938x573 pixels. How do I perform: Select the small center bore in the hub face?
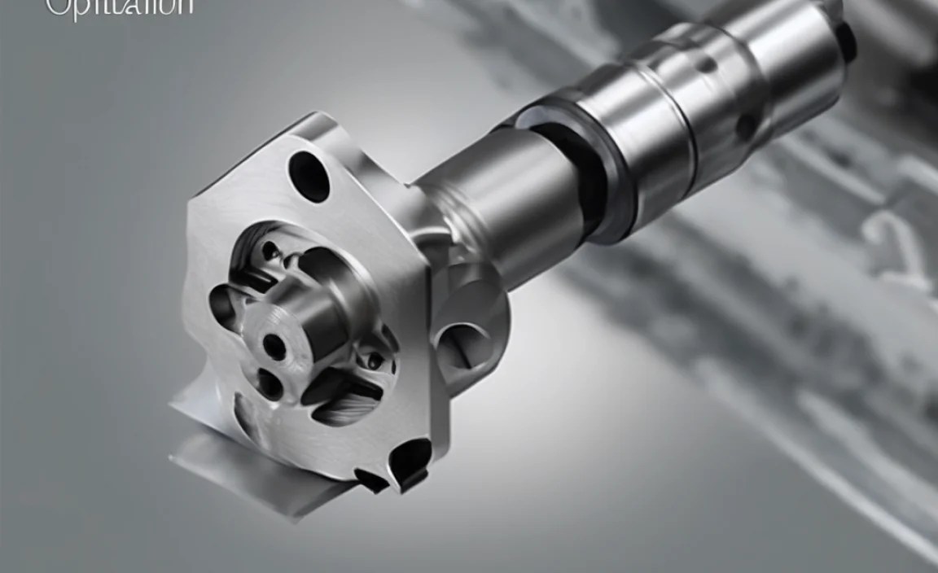pos(274,348)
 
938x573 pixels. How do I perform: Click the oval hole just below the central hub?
pos(270,383)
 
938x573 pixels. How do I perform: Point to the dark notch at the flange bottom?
pos(407,461)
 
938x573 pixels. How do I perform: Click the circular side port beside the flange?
pos(464,341)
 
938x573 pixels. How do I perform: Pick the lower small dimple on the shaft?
pos(745,126)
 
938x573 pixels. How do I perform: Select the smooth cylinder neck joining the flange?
pos(497,203)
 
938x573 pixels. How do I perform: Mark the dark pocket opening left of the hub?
pos(223,305)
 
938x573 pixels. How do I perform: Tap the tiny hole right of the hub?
pos(374,359)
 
